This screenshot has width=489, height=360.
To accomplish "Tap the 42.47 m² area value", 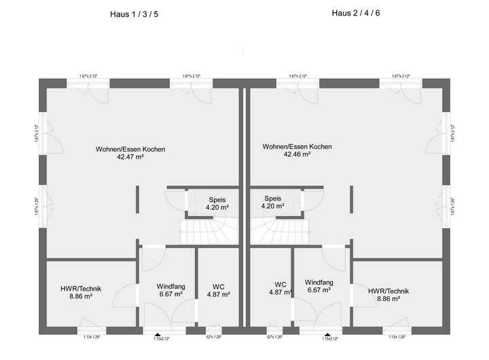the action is click(130, 157).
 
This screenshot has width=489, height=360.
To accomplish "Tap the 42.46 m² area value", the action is click(297, 154).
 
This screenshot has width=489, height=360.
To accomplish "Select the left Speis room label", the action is click(216, 200).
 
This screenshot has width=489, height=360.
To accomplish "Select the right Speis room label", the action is click(272, 200).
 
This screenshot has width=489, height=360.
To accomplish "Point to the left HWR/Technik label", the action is click(81, 289).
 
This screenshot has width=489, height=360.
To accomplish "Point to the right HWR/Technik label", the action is click(388, 291).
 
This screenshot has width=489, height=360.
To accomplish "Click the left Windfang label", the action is click(170, 286).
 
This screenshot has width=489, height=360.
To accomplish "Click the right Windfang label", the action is click(318, 282).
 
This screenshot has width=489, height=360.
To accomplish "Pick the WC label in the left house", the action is click(217, 286).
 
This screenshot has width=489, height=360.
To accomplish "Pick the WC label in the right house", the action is click(280, 284).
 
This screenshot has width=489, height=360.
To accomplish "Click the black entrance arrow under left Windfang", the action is click(158, 335).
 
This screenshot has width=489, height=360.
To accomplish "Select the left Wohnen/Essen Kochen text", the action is click(130, 149).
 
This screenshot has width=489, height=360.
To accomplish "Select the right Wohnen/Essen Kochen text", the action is click(297, 146).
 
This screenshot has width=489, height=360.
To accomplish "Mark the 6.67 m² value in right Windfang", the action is click(318, 290).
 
